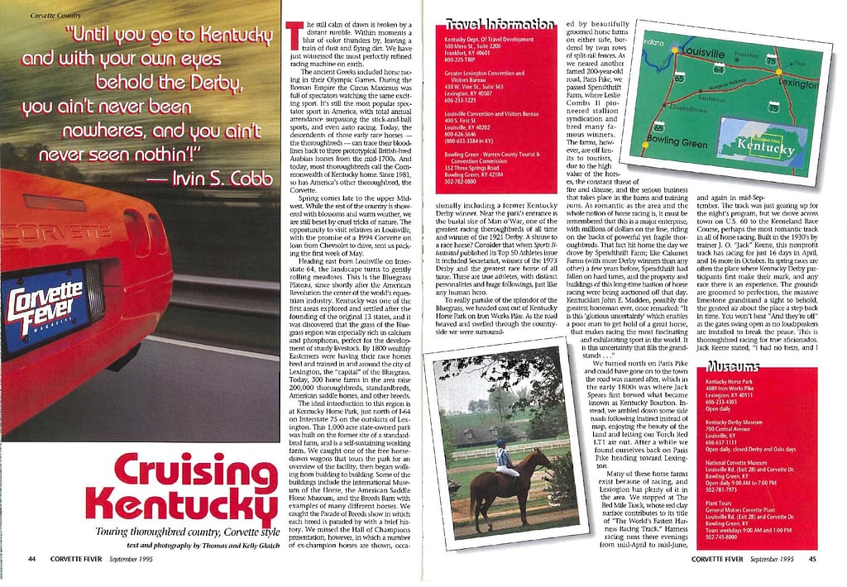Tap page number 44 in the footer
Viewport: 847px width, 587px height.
pyautogui.click(x=31, y=559)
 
